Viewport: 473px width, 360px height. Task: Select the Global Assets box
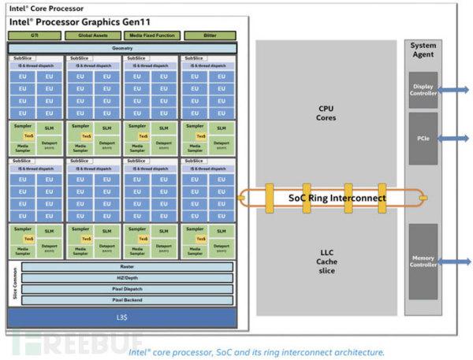tap(93, 35)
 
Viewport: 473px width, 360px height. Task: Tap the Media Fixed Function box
tap(151, 35)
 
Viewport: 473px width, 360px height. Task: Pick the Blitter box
tap(209, 35)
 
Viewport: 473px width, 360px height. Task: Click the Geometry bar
tap(122, 49)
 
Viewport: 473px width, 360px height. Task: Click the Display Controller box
tap(423, 91)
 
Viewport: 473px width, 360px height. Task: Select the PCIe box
tap(423, 139)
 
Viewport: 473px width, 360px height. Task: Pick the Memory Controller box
tap(423, 261)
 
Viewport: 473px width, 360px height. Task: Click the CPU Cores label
tap(326, 113)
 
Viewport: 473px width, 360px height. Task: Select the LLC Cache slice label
tap(326, 262)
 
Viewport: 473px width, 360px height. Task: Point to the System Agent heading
tap(423, 50)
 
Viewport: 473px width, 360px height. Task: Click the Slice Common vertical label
tap(14, 283)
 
